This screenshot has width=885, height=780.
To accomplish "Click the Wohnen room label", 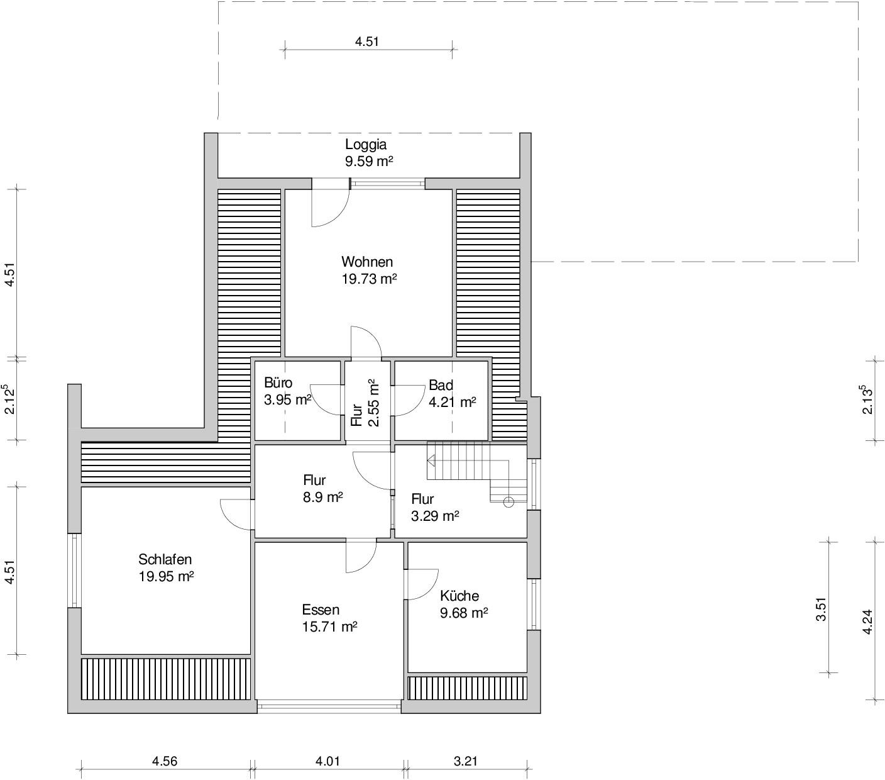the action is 367,262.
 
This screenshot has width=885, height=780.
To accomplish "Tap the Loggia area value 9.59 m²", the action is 369,161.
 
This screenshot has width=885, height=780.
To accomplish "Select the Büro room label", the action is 278,382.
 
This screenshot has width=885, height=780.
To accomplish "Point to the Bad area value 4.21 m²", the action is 452,402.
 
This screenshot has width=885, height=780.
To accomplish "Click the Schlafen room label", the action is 165,559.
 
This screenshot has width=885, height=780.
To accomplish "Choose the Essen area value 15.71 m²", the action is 329,627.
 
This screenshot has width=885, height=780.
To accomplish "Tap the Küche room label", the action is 459,596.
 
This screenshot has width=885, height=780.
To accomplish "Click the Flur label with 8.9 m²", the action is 314,480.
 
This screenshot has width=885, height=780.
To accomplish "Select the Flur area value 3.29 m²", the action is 434,516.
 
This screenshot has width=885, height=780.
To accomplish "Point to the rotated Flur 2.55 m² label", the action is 365,403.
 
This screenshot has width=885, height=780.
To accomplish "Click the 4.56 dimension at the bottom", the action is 165,761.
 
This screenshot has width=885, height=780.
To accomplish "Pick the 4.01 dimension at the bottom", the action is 327,761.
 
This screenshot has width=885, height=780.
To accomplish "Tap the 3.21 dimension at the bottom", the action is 466,761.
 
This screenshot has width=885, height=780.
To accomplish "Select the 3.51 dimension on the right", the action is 822,609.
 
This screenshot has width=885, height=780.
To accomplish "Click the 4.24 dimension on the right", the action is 867,621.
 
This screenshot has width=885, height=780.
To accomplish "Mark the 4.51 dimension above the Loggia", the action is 366,42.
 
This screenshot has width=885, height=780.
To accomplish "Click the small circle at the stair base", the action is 508,502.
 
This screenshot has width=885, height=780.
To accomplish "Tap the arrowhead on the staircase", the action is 431,461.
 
